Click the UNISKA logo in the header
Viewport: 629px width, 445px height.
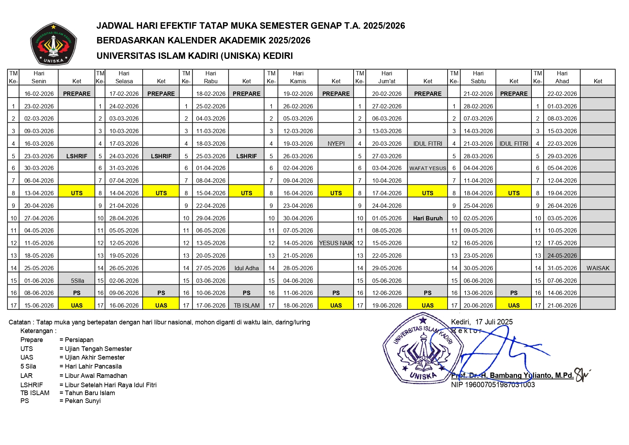tap(53, 44)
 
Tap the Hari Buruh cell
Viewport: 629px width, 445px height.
tap(427, 218)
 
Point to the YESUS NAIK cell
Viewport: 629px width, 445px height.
tap(336, 243)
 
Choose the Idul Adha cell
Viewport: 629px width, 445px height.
tap(246, 268)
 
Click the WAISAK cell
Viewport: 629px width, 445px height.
tap(598, 268)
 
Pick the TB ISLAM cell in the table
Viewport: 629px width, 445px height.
tap(246, 305)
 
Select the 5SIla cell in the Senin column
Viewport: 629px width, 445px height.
tap(77, 281)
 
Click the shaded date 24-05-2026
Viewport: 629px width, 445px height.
tap(562, 256)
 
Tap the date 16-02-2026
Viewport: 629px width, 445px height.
tap(39, 94)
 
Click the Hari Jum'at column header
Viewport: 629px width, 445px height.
tap(387, 77)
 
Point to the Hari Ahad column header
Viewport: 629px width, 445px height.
tap(562, 77)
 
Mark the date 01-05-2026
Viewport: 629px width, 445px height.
tap(387, 218)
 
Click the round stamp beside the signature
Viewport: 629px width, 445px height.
tap(423, 348)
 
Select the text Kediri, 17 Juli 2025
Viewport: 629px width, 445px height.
tap(482, 322)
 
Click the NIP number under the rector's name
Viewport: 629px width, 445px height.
tap(493, 385)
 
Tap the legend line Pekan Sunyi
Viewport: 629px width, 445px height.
tap(82, 401)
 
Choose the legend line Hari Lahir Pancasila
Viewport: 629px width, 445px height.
tap(93, 366)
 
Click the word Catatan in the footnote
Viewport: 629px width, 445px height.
tap(20, 322)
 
